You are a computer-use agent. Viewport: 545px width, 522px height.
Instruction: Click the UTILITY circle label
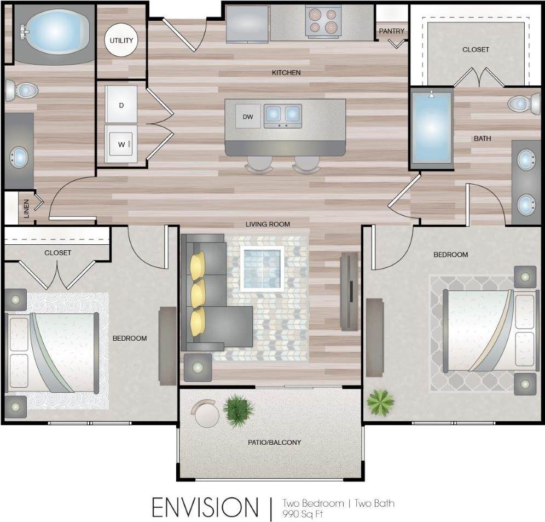tap(121, 41)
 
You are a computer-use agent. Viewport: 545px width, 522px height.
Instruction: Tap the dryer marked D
tap(121, 105)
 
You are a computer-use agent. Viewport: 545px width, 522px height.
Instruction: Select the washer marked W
tap(121, 145)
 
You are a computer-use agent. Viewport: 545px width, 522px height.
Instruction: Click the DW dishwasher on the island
tap(248, 117)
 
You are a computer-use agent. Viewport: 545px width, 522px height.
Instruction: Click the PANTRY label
tap(392, 31)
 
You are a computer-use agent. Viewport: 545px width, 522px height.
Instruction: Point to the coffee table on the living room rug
tap(262, 268)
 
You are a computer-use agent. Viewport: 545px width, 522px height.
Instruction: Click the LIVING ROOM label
tap(268, 224)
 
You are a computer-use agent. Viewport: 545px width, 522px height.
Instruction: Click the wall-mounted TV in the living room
tap(348, 292)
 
